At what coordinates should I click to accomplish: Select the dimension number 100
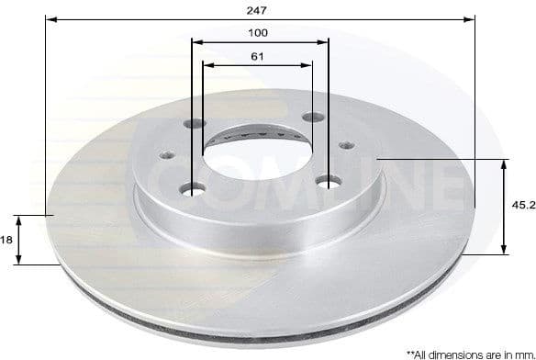point(261,32)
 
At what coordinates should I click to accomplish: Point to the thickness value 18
point(6,239)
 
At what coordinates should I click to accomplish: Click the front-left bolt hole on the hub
point(193,189)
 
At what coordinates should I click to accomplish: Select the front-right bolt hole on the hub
point(328,184)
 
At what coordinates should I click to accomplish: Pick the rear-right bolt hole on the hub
point(313,117)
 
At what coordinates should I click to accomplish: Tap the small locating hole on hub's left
point(169,154)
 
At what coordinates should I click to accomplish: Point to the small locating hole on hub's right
point(346,144)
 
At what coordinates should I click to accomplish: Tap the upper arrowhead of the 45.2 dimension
point(504,164)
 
